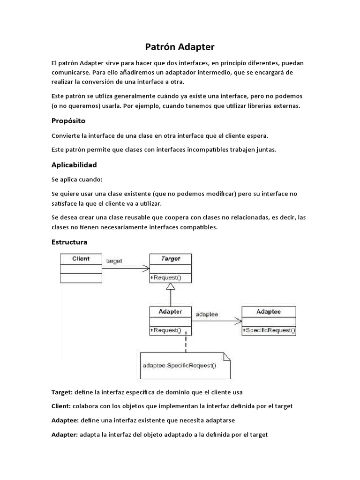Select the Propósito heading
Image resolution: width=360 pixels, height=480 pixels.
[68, 120]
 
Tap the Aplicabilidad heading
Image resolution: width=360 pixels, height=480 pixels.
[74, 165]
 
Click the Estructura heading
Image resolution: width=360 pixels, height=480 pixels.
[69, 242]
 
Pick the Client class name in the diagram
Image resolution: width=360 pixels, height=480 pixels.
[81, 259]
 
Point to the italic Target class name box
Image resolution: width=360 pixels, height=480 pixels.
[170, 259]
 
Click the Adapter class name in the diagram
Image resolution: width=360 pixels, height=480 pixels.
[170, 311]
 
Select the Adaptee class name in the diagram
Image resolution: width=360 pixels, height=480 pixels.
[269, 311]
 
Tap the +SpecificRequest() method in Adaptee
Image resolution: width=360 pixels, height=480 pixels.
[269, 330]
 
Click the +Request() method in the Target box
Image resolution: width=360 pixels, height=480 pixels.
[165, 278]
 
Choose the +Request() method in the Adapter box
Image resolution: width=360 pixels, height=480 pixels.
[165, 330]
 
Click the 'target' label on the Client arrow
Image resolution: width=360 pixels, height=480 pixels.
[114, 261]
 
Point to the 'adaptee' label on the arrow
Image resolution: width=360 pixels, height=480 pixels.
[207, 314]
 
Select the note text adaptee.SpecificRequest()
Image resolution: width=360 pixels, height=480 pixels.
[179, 366]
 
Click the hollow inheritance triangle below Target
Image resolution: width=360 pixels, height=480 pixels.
[171, 286]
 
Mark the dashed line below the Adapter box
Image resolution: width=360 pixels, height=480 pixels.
[186, 343]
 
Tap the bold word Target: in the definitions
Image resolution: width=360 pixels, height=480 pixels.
[62, 392]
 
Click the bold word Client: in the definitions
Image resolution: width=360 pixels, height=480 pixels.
[61, 406]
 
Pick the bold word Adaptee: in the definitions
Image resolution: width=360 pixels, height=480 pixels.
[65, 420]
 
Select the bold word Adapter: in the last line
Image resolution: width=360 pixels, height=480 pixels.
[65, 435]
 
